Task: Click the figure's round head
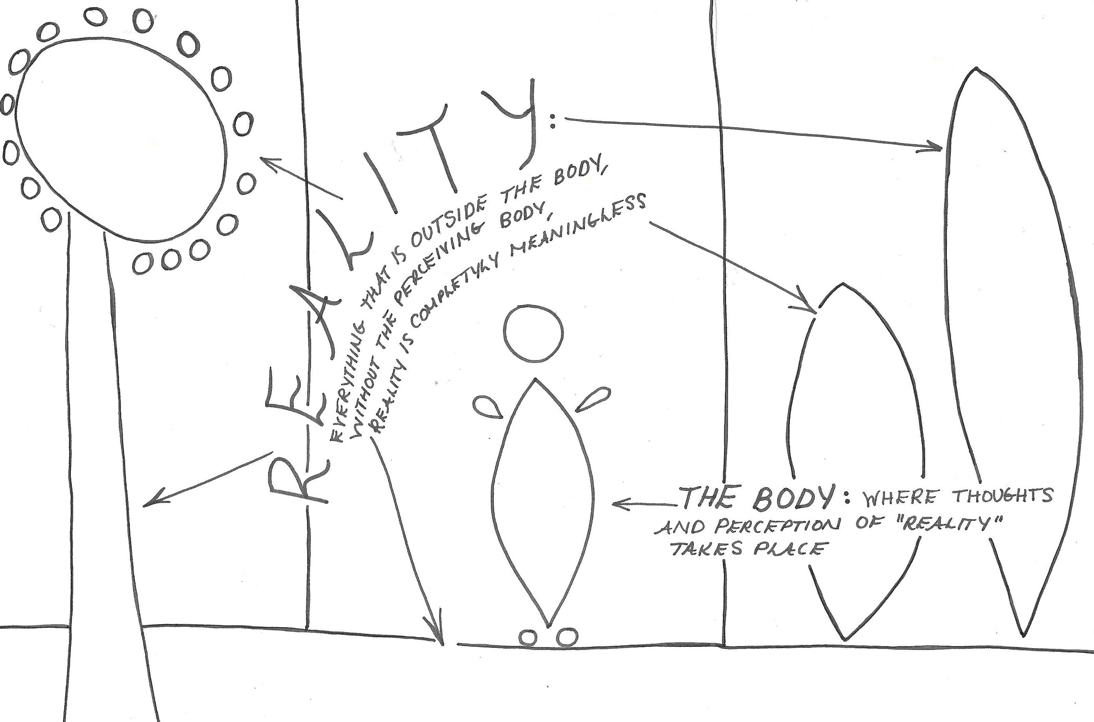533,333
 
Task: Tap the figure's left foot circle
528,638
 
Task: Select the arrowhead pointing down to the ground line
440,638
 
